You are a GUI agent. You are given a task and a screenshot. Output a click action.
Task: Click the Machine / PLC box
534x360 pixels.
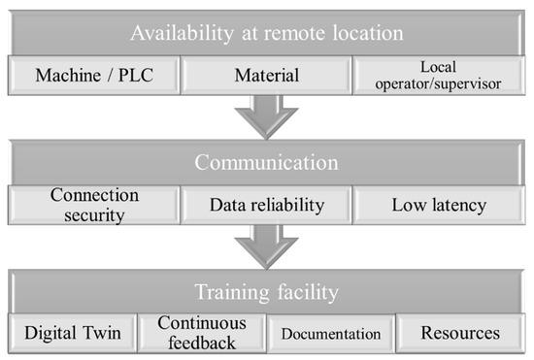[94, 74]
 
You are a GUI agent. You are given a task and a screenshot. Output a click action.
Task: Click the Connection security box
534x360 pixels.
[94, 204]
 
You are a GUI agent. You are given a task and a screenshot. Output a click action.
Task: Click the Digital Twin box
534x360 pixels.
[72, 333]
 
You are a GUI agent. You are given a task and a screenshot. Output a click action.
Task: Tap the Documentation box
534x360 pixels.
[330, 333]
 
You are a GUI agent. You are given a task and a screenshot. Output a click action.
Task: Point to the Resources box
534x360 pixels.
[460, 333]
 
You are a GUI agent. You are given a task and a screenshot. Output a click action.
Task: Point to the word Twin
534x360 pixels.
[102, 333]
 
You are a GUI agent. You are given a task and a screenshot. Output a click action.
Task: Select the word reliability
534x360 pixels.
[286, 204]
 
